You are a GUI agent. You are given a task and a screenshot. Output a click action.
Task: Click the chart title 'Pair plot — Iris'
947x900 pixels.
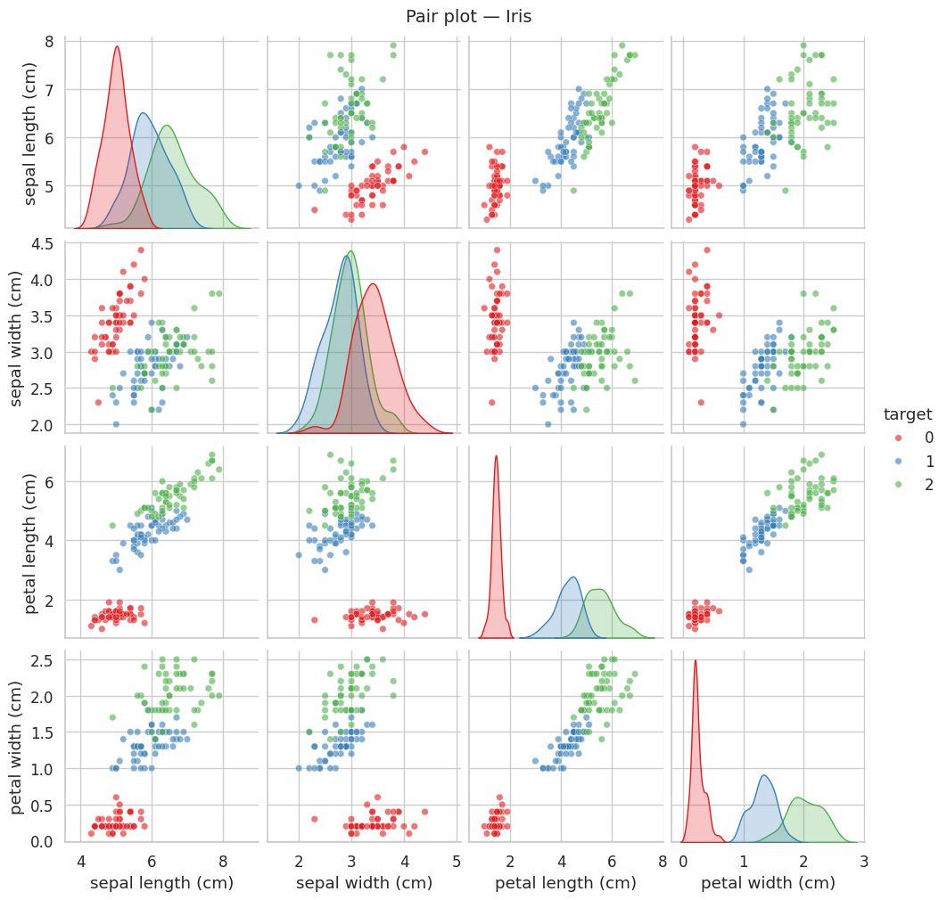tap(468, 17)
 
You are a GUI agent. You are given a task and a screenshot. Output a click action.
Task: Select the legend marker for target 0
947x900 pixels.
tap(898, 438)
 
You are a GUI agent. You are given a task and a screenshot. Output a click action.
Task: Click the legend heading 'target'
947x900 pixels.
tap(907, 414)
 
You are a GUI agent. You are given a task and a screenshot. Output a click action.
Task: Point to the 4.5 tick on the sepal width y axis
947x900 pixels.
tap(53, 243)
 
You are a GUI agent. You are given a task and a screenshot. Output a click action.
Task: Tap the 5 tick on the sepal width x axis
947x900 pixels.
tap(457, 861)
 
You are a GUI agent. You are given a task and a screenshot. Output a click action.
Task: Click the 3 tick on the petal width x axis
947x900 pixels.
tap(864, 861)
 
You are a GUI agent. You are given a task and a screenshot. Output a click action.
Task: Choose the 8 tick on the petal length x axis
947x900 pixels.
tap(662, 861)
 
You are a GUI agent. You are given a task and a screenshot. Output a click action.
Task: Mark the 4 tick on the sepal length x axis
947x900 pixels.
tap(82, 861)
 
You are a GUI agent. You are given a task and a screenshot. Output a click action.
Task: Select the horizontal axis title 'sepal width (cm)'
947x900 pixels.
tap(363, 883)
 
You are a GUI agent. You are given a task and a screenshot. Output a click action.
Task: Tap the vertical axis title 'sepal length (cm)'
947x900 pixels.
tap(29, 134)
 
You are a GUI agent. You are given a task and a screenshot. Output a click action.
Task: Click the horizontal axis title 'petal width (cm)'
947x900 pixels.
tap(768, 883)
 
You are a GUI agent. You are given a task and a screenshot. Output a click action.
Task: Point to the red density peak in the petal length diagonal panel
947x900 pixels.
tap(496, 456)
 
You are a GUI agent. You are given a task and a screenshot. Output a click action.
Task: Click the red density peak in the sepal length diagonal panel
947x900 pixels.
tap(117, 47)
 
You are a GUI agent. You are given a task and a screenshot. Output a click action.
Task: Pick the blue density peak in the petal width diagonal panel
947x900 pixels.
tap(764, 775)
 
